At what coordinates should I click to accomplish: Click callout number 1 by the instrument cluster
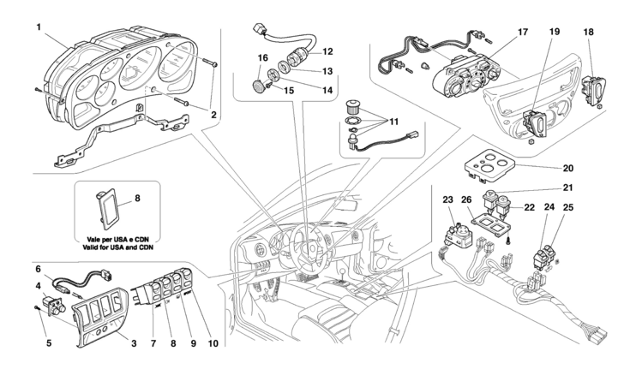(x=39, y=27)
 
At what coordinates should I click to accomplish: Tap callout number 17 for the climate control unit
(x=523, y=32)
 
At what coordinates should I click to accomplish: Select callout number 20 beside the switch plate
(x=568, y=168)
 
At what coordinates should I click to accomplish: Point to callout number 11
(x=393, y=122)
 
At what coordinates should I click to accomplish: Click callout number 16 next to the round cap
(x=262, y=57)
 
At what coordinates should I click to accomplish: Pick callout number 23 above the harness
(x=448, y=199)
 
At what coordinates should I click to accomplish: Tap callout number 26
(x=466, y=199)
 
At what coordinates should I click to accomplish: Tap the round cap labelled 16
(x=258, y=86)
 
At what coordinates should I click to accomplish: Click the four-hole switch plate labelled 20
(x=488, y=164)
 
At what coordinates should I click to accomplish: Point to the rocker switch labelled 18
(x=593, y=92)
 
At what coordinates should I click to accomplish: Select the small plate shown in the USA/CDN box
(x=106, y=209)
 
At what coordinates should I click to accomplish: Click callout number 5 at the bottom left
(x=49, y=343)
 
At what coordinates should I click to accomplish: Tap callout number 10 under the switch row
(x=213, y=344)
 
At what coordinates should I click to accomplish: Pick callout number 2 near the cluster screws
(x=213, y=116)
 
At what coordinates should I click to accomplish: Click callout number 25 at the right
(x=568, y=208)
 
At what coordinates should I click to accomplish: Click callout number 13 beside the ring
(x=327, y=71)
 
